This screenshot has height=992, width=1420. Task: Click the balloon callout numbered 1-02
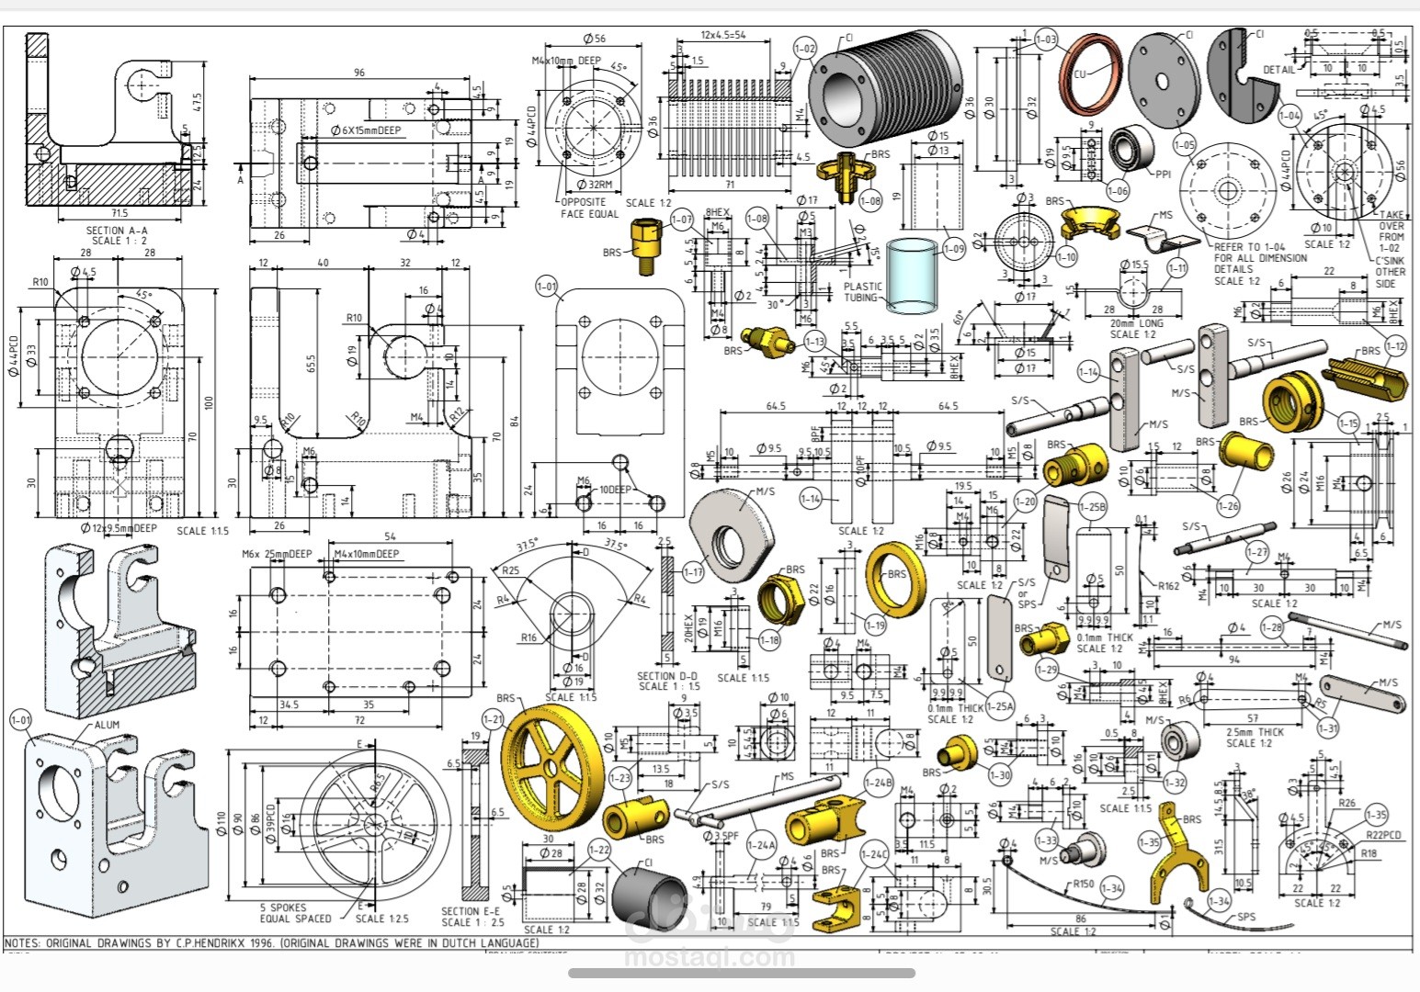click(804, 48)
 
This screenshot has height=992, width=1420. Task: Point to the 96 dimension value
click(359, 73)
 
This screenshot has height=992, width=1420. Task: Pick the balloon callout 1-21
click(494, 719)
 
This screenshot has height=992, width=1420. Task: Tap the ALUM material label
click(107, 725)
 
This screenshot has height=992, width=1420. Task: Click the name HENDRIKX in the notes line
click(221, 942)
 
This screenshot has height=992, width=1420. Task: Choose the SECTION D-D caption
click(668, 676)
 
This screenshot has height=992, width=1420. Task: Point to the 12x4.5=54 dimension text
click(723, 35)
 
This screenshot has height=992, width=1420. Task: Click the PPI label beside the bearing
click(1164, 174)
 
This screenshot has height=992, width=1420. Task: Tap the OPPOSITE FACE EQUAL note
click(589, 208)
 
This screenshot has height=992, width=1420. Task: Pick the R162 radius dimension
click(1168, 585)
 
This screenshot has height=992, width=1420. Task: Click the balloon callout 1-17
click(694, 571)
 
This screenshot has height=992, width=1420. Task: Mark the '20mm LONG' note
click(1136, 323)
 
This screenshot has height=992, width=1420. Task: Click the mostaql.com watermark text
click(710, 957)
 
